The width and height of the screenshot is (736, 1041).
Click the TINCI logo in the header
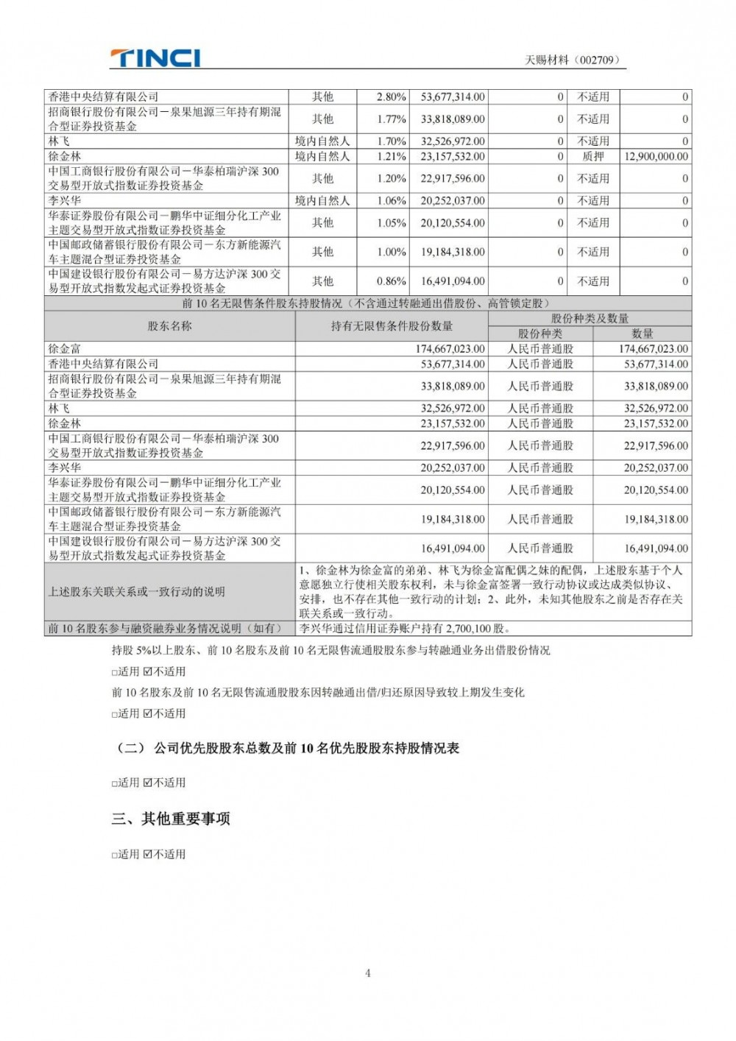tap(155, 58)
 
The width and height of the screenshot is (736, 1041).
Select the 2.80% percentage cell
tap(391, 97)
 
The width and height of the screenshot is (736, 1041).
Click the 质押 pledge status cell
tap(592, 156)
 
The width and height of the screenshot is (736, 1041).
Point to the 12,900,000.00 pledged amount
tap(656, 156)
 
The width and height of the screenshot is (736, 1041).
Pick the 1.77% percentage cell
tap(391, 119)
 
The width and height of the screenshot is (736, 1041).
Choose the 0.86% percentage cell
tap(391, 281)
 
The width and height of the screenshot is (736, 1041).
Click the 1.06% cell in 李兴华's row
tap(391, 200)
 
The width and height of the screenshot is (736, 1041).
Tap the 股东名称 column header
tap(170, 326)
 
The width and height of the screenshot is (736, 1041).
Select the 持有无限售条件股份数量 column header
tap(392, 326)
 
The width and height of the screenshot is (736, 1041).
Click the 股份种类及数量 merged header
tap(590, 318)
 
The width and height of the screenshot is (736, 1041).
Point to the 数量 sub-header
tap(642, 334)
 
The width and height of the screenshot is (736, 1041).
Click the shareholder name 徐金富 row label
tap(65, 349)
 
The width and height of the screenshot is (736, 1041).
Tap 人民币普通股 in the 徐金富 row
tap(540, 349)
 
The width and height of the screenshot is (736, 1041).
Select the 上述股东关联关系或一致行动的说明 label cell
tap(137, 592)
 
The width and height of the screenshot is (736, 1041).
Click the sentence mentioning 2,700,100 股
tap(404, 629)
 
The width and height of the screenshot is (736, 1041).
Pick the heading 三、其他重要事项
tap(171, 819)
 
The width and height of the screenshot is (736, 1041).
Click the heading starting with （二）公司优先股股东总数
tap(288, 748)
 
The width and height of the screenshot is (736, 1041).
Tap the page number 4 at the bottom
tap(368, 973)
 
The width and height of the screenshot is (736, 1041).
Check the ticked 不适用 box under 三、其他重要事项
tap(148, 855)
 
